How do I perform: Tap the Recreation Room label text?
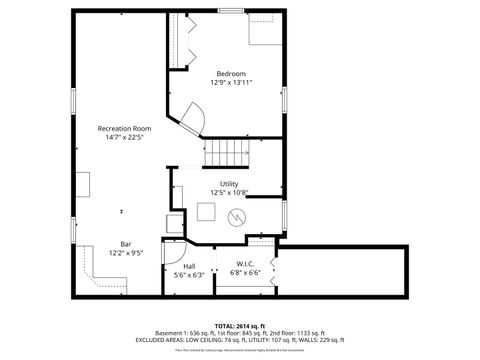tap(125, 128)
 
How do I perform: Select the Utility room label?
tap(229, 183)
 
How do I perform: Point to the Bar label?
tap(126, 244)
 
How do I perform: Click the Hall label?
tap(189, 266)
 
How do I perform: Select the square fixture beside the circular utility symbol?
tap(207, 212)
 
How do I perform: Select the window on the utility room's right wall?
tap(285, 213)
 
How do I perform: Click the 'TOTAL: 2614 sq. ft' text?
tap(240, 326)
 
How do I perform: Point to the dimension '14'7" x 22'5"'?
tap(125, 137)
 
